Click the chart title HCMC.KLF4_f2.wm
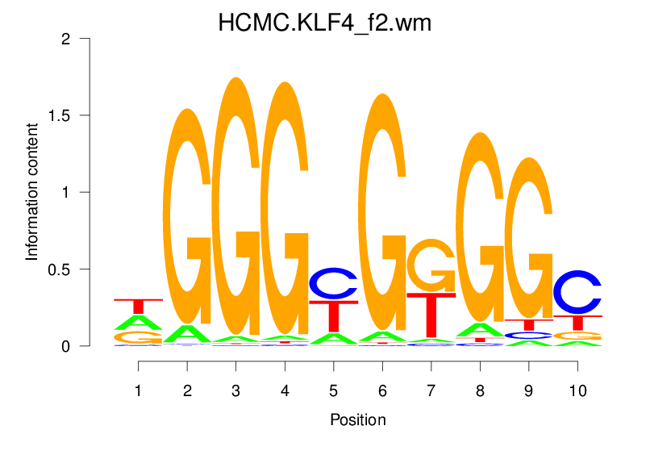[x=325, y=23]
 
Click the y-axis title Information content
[x=32, y=191]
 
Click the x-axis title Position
[x=357, y=420]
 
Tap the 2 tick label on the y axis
[x=72, y=39]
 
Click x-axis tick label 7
[x=431, y=390]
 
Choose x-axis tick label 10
[x=577, y=390]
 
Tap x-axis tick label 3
[x=235, y=390]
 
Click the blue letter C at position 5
[x=333, y=282]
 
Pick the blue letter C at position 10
[x=577, y=292]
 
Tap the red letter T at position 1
[x=138, y=306]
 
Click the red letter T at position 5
[x=333, y=315]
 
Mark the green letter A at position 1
[x=138, y=322]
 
